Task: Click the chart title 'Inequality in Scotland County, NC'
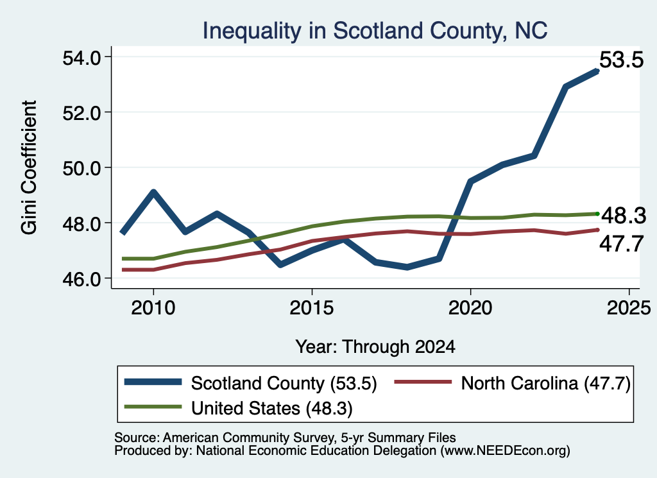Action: click(x=375, y=31)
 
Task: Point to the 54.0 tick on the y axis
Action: click(x=81, y=57)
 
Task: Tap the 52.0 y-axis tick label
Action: click(x=81, y=113)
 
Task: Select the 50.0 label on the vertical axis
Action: click(x=81, y=168)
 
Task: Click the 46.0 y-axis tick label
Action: click(x=81, y=279)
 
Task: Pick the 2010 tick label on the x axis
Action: click(x=153, y=308)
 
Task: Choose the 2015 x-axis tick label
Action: click(x=312, y=308)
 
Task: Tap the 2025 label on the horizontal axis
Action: click(x=629, y=308)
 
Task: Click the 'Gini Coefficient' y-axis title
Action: click(x=30, y=167)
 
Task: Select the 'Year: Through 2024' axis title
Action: click(x=375, y=347)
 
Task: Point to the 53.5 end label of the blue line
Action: click(x=621, y=60)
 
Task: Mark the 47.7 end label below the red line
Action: click(x=621, y=244)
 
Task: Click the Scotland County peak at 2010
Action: click(x=153, y=192)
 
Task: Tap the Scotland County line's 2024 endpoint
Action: click(x=597, y=71)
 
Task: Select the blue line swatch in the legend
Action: click(x=153, y=382)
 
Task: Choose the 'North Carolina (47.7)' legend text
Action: click(x=545, y=383)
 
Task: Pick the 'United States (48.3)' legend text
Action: click(x=272, y=409)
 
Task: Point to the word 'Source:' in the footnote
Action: click(x=137, y=438)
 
